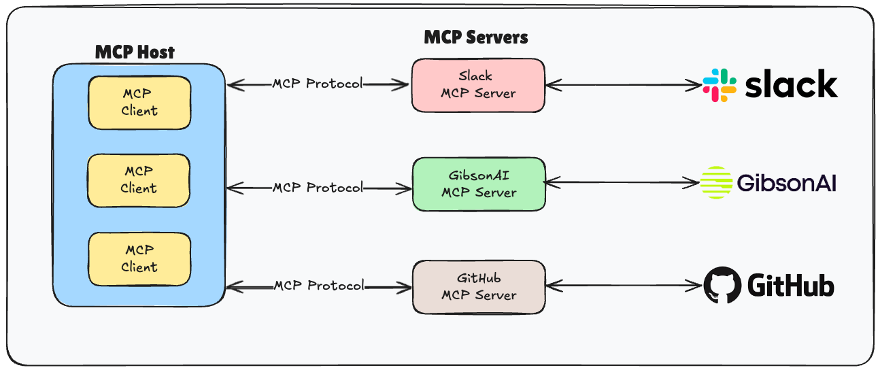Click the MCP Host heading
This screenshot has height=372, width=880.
[x=134, y=52]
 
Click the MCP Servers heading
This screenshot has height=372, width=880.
[x=475, y=37]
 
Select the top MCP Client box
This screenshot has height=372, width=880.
[x=139, y=103]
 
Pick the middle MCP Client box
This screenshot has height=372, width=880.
[x=139, y=180]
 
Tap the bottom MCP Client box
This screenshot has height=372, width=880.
[x=139, y=259]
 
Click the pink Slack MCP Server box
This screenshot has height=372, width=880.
[x=478, y=85]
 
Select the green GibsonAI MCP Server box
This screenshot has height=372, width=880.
[x=479, y=184]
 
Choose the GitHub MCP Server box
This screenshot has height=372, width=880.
[x=479, y=286]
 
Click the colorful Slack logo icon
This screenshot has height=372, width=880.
[x=720, y=85]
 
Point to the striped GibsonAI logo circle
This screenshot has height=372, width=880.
[x=717, y=182]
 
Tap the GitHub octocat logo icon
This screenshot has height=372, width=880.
[x=721, y=285]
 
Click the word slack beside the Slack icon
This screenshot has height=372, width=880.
[x=791, y=85]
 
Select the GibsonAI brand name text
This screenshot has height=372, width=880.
[x=786, y=183]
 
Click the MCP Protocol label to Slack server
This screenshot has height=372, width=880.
[x=317, y=84]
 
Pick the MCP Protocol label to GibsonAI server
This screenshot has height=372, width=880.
[x=318, y=187]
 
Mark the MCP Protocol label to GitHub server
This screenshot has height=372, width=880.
[x=318, y=286]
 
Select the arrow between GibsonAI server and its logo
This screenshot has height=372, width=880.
[x=622, y=182]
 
